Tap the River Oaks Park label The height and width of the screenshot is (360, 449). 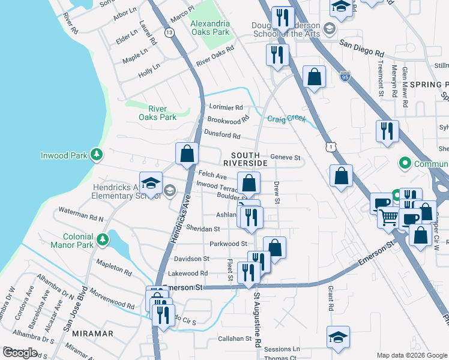click(162, 113)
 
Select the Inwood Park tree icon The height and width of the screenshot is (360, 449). click(97, 155)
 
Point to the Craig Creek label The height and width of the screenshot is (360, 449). click(286, 119)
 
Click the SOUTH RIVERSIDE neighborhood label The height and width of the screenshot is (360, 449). click(245, 159)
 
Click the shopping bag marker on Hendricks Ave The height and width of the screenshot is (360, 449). click(187, 153)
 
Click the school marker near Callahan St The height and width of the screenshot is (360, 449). click(338, 337)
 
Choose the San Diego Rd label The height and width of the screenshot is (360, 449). click(361, 48)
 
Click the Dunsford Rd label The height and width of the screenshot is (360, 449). click(222, 136)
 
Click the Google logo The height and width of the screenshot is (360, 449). click(19, 353)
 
